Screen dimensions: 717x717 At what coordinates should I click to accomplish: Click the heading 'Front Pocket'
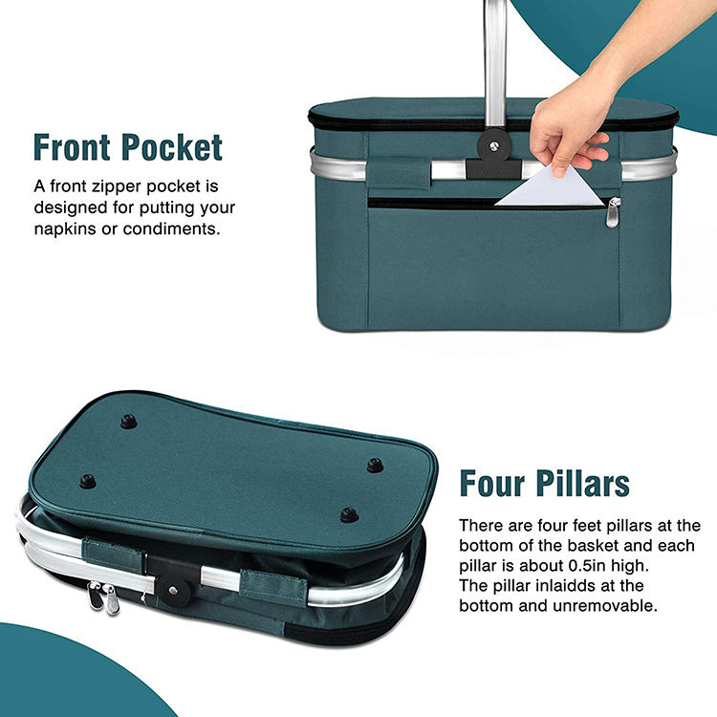point(128,147)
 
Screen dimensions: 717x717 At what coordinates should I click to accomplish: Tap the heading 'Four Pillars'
point(545,484)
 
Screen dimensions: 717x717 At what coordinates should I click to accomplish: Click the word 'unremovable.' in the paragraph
point(605,606)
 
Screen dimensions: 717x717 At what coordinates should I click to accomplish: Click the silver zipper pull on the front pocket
point(613,212)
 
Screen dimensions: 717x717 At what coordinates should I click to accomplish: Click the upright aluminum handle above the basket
point(495,64)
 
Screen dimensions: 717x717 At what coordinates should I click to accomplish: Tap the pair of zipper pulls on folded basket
point(104,597)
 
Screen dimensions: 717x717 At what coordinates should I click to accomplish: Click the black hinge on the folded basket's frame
point(172,579)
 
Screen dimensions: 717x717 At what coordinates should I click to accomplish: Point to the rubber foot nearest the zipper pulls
point(87,482)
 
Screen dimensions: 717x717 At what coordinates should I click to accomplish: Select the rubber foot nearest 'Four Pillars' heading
point(375,466)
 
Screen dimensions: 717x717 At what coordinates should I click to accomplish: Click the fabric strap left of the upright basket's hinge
point(399,172)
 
